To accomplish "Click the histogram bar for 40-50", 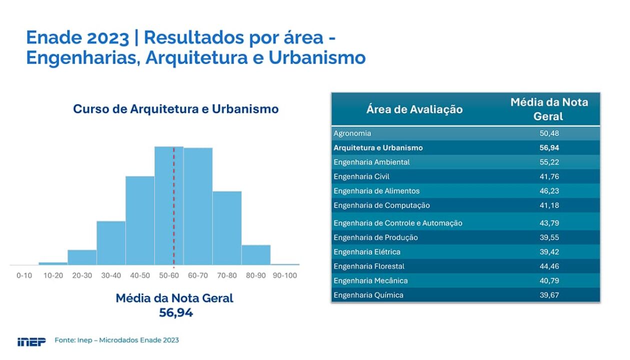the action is pos(140,220).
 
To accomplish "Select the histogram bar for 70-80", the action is pos(227,228).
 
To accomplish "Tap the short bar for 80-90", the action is pos(256,255).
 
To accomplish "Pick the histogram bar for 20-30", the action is pos(82,257).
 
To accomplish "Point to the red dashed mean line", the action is pos(174,207).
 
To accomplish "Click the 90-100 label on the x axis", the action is pos(285,275).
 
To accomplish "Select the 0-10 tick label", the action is pos(24,275).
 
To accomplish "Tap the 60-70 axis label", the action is pos(198,275).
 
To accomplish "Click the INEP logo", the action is pos(31,341).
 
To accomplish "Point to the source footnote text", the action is pos(116,340).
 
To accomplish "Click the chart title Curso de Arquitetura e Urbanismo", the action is pos(176,109).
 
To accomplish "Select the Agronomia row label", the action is pos(352,133).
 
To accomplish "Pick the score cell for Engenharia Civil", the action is pos(549,176).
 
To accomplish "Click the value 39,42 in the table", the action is pos(549,252).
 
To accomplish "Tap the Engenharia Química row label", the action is pos(368,295).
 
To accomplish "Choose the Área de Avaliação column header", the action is pos(414,109).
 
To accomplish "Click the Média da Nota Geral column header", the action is pos(549,109).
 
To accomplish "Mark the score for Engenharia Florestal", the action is pos(549,266).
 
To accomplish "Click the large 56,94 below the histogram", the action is pos(176,313).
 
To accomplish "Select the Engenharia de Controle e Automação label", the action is pos(398,223).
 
